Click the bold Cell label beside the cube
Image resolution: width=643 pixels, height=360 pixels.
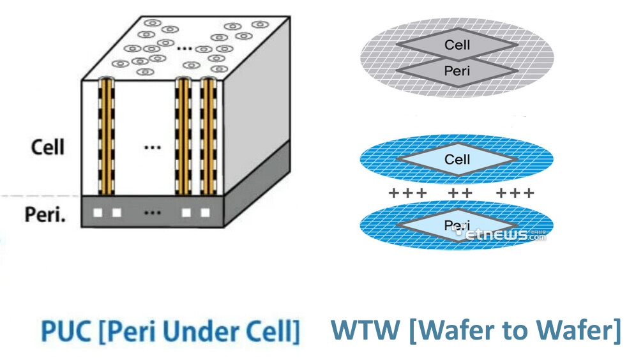pyautogui.click(x=48, y=147)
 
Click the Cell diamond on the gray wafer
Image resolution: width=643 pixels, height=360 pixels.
pyautogui.click(x=457, y=45)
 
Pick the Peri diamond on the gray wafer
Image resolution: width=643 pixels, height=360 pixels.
pyautogui.click(x=457, y=71)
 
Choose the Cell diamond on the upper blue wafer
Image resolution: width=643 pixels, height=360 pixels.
pyautogui.click(x=457, y=160)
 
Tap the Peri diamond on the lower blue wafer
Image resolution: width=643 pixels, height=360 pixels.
pyautogui.click(x=457, y=225)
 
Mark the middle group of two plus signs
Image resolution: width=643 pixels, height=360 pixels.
pyautogui.click(x=460, y=193)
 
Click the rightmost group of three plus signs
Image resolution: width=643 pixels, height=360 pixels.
pyautogui.click(x=515, y=193)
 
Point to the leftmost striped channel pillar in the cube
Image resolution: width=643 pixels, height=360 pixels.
pyautogui.click(x=106, y=138)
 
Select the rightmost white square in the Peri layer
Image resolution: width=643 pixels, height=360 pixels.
pyautogui.click(x=206, y=213)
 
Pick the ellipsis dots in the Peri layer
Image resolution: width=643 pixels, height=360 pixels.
pyautogui.click(x=152, y=213)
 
